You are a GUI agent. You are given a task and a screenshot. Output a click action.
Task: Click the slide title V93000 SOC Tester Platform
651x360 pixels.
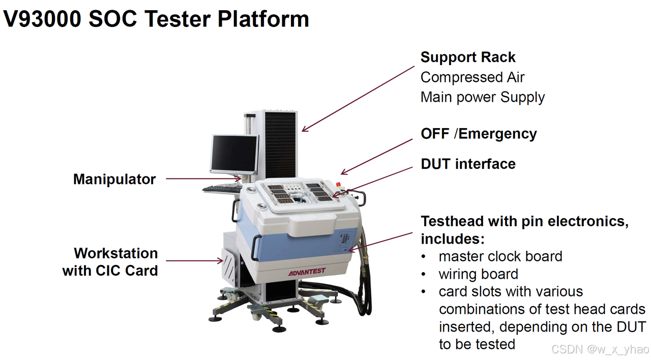pyautogui.click(x=157, y=19)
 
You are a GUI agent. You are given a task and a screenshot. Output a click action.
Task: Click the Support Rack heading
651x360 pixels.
pyautogui.click(x=468, y=57)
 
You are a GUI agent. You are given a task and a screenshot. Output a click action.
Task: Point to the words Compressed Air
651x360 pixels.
pyautogui.click(x=472, y=77)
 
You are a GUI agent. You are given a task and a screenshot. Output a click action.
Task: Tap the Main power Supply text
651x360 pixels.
pyautogui.click(x=482, y=97)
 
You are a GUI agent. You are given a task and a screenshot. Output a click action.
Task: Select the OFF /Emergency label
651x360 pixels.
pyautogui.click(x=479, y=134)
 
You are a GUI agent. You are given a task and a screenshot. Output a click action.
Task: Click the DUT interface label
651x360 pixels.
pyautogui.click(x=468, y=164)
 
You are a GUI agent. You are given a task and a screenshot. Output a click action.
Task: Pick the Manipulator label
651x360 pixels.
pyautogui.click(x=114, y=179)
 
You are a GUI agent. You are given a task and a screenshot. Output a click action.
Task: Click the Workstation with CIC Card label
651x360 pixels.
pyautogui.click(x=111, y=261)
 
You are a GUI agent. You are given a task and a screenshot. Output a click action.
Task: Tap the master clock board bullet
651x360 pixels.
pyautogui.click(x=500, y=256)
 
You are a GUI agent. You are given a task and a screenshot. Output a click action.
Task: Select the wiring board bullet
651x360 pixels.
pyautogui.click(x=478, y=274)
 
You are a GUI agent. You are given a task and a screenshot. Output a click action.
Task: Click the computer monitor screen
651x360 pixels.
pyautogui.click(x=234, y=154)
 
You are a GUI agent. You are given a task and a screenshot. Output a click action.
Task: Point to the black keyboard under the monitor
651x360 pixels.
pyautogui.click(x=222, y=189)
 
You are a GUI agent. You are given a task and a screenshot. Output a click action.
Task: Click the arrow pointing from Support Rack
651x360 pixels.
pyautogui.click(x=358, y=99)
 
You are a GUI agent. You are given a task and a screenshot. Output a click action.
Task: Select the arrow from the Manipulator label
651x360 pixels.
pyautogui.click(x=203, y=178)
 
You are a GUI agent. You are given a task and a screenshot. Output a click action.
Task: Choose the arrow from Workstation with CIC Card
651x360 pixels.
pyautogui.click(x=194, y=261)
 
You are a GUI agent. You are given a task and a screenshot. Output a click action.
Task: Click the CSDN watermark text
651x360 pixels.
pyautogui.click(x=600, y=349)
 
